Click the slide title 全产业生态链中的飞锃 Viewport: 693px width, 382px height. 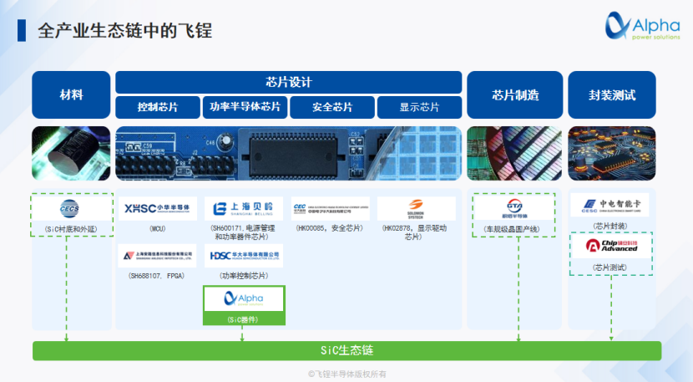(125, 32)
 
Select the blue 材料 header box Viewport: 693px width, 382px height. (71, 94)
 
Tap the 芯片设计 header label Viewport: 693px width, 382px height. (288, 82)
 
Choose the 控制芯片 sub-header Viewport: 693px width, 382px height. (158, 107)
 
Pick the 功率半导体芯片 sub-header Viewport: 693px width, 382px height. (245, 107)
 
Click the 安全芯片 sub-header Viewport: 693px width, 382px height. (332, 107)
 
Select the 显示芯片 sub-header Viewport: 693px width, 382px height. (419, 107)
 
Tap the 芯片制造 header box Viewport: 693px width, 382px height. (514, 94)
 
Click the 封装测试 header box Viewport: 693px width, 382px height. (611, 94)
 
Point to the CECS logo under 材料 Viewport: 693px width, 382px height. (70, 208)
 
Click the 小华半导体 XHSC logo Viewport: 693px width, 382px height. (158, 208)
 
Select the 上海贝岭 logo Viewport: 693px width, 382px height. (244, 208)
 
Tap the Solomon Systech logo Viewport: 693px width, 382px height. (416, 207)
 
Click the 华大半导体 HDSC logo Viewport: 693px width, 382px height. (244, 255)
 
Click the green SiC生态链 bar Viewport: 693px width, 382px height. (346, 350)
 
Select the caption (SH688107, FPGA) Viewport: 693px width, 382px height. (158, 275)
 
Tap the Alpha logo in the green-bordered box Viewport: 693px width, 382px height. (244, 298)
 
